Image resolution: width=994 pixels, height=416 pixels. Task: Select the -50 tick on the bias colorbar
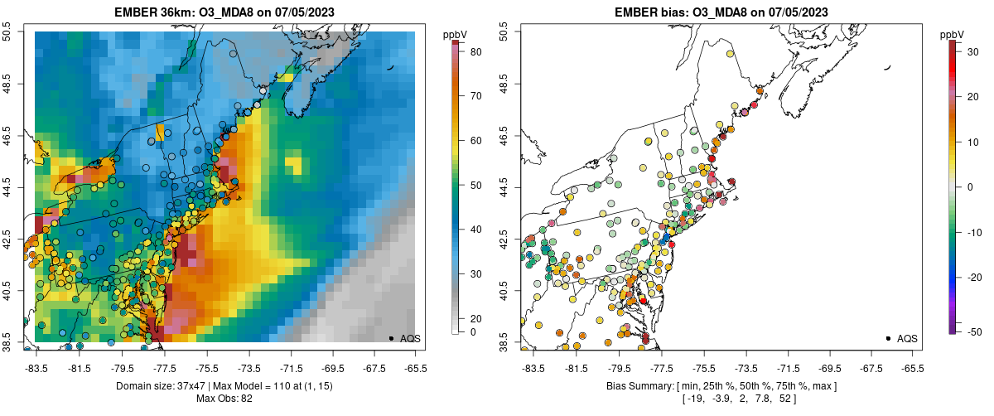tap(973, 332)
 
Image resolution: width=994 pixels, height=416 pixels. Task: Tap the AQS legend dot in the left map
tap(391, 338)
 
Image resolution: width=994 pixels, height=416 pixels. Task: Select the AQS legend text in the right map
tap(907, 338)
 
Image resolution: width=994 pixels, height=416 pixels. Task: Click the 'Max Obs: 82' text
tap(224, 399)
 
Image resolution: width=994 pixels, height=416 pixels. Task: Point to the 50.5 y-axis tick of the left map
tap(7, 32)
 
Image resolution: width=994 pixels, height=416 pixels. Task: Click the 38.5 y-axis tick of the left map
tap(7, 341)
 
